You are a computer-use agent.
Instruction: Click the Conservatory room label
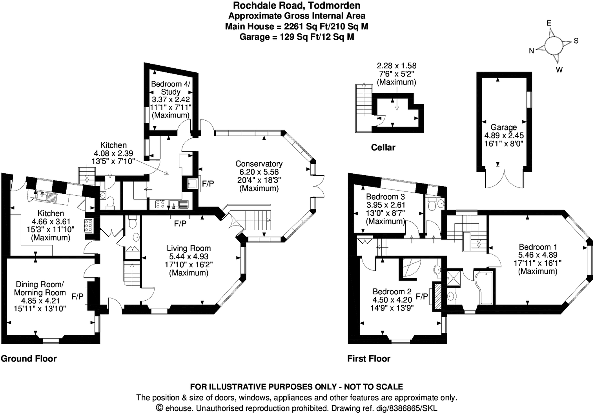pyautogui.click(x=259, y=164)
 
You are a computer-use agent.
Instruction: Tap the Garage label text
pyautogui.click(x=503, y=127)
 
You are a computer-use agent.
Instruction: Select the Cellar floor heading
pyautogui.click(x=383, y=147)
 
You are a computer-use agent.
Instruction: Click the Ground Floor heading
pyautogui.click(x=29, y=358)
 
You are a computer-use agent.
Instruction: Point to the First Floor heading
pyautogui.click(x=368, y=358)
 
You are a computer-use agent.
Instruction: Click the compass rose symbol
pyautogui.click(x=553, y=45)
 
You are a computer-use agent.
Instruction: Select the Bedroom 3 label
pyautogui.click(x=385, y=196)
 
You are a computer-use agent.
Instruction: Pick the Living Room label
pyautogui.click(x=189, y=248)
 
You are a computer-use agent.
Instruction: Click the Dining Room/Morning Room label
pyautogui.click(x=40, y=288)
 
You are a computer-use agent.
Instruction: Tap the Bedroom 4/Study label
pyautogui.click(x=171, y=88)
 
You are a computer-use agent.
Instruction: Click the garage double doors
pyautogui.click(x=504, y=178)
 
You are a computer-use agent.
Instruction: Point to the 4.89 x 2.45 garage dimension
pyautogui.click(x=504, y=136)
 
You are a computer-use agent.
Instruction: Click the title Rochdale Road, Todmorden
pyautogui.click(x=297, y=6)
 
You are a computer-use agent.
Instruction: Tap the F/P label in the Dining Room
pyautogui.click(x=78, y=296)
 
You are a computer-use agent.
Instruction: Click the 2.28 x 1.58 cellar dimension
pyautogui.click(x=396, y=66)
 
